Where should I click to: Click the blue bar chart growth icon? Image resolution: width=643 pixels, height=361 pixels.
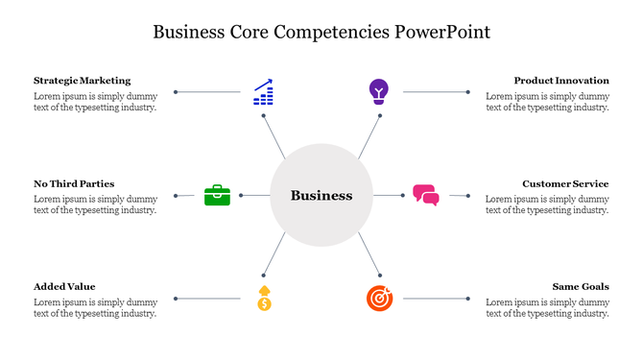(262, 92)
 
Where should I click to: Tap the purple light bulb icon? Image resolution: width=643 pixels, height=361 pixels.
(379, 91)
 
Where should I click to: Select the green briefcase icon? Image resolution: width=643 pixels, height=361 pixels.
(217, 195)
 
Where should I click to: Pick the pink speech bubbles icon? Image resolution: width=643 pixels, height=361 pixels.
(425, 195)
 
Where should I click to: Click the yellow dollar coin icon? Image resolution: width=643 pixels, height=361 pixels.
(264, 299)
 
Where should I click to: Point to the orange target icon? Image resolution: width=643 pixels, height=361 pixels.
(379, 299)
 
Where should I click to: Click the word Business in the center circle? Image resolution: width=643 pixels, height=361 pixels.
(321, 195)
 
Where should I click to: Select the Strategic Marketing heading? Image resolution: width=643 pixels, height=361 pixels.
(82, 81)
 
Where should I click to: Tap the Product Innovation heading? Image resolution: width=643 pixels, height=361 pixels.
(560, 81)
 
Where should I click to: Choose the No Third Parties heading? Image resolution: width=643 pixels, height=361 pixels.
(74, 183)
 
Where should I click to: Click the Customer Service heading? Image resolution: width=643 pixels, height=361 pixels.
(565, 183)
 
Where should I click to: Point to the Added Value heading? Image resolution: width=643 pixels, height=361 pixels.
(64, 286)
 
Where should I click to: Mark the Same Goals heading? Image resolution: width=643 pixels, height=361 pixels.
(581, 286)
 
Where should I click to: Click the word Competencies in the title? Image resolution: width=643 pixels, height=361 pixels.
(331, 32)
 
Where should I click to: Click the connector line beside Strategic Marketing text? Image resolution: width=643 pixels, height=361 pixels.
(208, 92)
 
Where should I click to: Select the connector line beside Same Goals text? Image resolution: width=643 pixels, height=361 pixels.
(435, 299)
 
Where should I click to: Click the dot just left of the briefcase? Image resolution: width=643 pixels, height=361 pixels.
(177, 195)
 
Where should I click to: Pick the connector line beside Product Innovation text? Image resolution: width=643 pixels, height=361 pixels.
(435, 92)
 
